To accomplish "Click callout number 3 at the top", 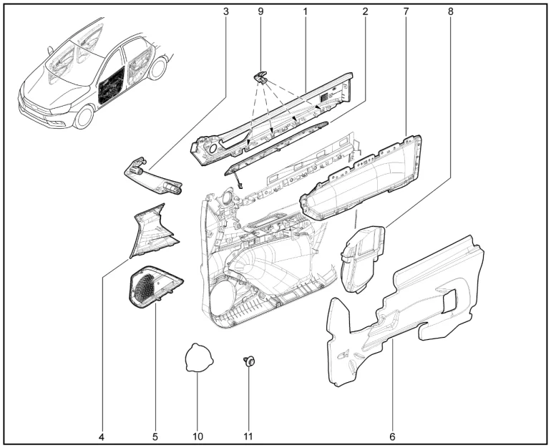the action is [x=225, y=11].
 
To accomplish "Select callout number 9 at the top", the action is [x=260, y=11].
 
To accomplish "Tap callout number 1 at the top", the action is [x=305, y=11].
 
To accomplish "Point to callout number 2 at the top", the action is [x=365, y=11].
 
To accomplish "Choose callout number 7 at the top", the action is [x=406, y=11].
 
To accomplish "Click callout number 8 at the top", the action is [x=451, y=11].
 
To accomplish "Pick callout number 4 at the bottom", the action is [x=101, y=437].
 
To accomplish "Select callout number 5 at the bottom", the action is [x=155, y=437].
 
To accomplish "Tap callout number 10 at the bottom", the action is [x=198, y=437].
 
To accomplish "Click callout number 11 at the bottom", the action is [x=248, y=437].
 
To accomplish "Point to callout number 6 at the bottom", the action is [x=392, y=437].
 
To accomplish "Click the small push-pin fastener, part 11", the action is [x=249, y=361].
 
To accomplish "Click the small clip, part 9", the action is [x=260, y=77].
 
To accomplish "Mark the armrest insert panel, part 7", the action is [x=362, y=177].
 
